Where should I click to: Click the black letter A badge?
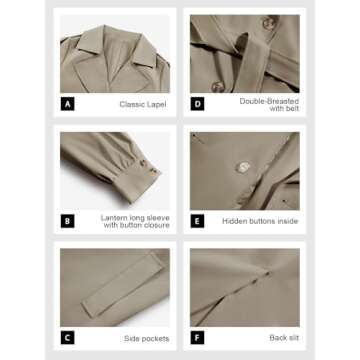(x=67, y=105)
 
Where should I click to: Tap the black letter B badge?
(x=67, y=221)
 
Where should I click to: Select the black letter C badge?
(x=67, y=338)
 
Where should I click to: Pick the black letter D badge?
(x=197, y=105)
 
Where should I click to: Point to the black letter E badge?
(x=197, y=221)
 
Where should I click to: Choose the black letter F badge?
(x=197, y=338)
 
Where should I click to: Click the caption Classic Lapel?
(x=143, y=104)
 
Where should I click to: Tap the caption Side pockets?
(x=147, y=339)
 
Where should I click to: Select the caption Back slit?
(x=284, y=338)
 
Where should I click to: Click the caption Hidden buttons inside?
(x=260, y=221)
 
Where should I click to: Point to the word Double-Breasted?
(x=269, y=101)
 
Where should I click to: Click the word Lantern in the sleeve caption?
(x=114, y=218)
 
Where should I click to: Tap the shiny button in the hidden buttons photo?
(x=243, y=167)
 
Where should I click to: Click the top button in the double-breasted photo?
(x=269, y=23)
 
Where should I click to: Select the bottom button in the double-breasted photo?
(x=218, y=87)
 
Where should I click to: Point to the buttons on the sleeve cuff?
(x=148, y=168)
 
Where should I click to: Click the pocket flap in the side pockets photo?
(x=123, y=284)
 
